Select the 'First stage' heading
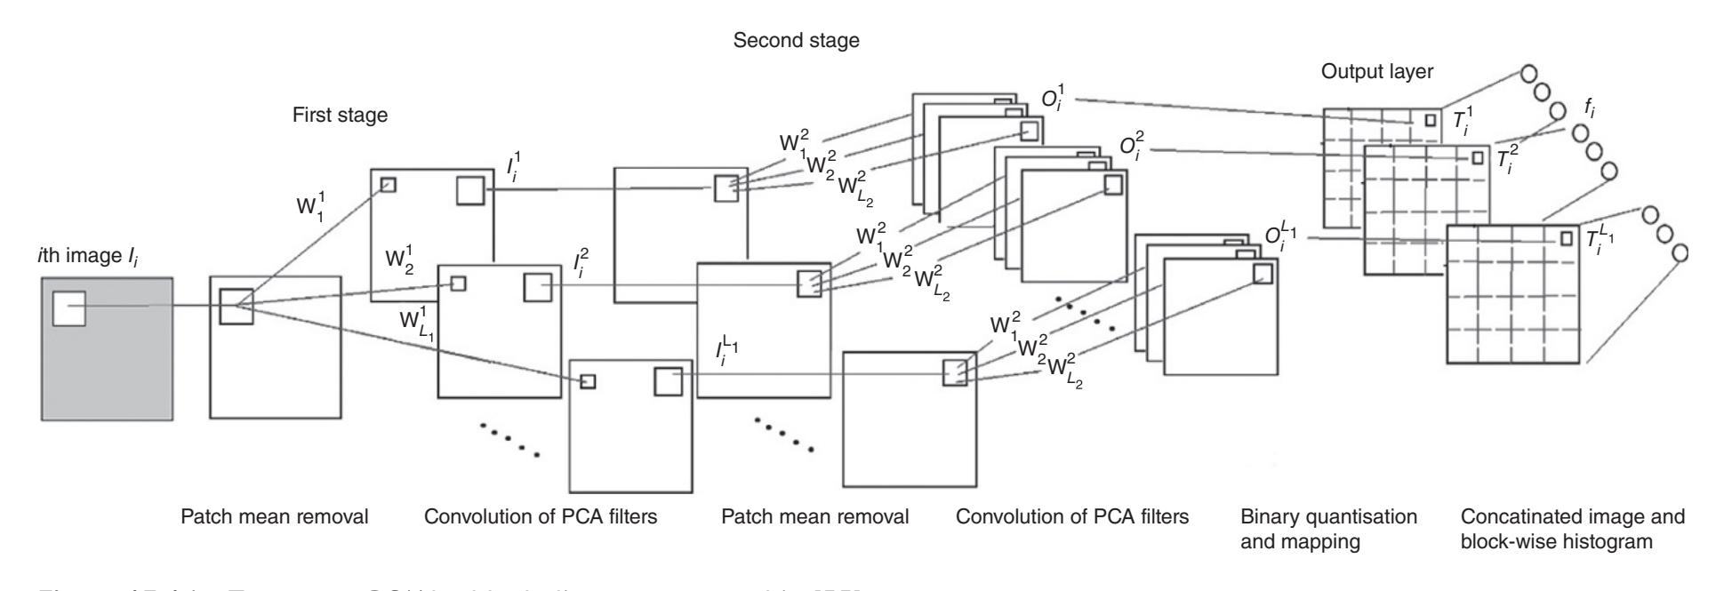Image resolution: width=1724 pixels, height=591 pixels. (x=340, y=116)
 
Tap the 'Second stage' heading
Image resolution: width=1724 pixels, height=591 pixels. (x=796, y=42)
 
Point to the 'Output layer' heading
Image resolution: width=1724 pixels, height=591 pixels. (x=1376, y=73)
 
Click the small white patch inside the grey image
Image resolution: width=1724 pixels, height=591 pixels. (x=68, y=308)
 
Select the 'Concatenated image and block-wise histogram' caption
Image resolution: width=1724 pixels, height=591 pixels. (x=1572, y=528)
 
